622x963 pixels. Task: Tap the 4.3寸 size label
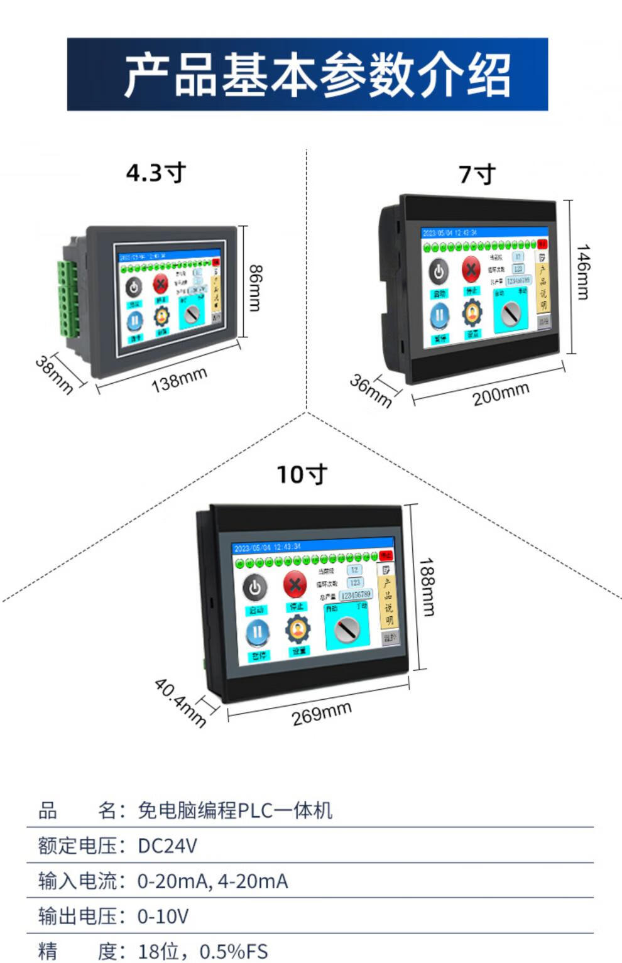point(156,173)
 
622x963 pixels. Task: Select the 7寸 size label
point(477,174)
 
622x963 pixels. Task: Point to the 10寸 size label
point(302,474)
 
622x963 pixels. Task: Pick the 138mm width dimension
point(179,379)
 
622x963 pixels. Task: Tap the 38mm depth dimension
point(53,374)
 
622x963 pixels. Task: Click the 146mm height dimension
point(584,272)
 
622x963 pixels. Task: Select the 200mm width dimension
point(501,394)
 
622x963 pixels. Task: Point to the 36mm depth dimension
point(371,390)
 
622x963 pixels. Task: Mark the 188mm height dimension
point(428,587)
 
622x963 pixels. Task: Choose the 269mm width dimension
point(321,714)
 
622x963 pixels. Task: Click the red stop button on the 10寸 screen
point(295,584)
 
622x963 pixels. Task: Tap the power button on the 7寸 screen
point(439,272)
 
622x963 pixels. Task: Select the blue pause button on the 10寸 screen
point(258,632)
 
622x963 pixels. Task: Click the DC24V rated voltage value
point(167,846)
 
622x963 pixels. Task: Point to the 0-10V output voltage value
point(163,917)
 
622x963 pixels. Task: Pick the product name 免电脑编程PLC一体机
point(234,810)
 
